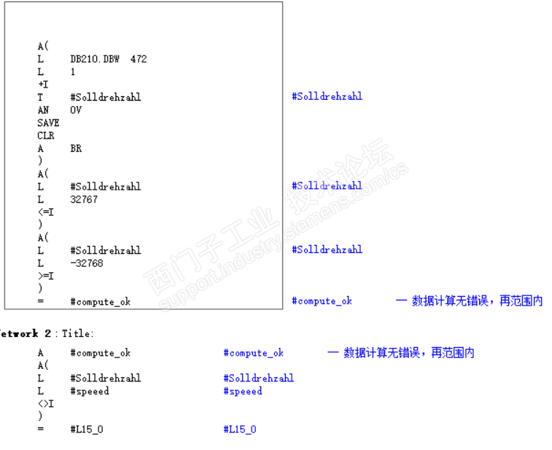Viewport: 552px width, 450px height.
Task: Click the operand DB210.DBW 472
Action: pos(109,59)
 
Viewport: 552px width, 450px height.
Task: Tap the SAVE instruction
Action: pos(48,123)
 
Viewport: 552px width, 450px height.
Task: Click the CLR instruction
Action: pos(46,136)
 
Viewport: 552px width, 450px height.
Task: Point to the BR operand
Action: pos(76,148)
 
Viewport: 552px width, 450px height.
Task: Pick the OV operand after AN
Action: pos(76,110)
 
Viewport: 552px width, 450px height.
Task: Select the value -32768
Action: pos(86,263)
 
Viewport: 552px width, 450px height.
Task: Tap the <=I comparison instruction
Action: pos(45,212)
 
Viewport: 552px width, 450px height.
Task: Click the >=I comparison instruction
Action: pos(45,276)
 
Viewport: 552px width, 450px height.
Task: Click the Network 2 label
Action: pos(26,333)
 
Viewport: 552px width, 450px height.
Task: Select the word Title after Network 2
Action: pos(76,333)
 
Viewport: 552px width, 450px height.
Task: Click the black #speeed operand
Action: pos(90,391)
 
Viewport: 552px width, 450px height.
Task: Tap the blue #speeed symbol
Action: pos(243,391)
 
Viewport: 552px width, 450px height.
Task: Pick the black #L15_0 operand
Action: pos(87,430)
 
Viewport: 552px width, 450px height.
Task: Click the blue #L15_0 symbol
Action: pos(240,430)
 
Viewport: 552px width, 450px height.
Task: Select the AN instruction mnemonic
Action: pos(42,110)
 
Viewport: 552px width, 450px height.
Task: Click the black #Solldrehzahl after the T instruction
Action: pos(105,97)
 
